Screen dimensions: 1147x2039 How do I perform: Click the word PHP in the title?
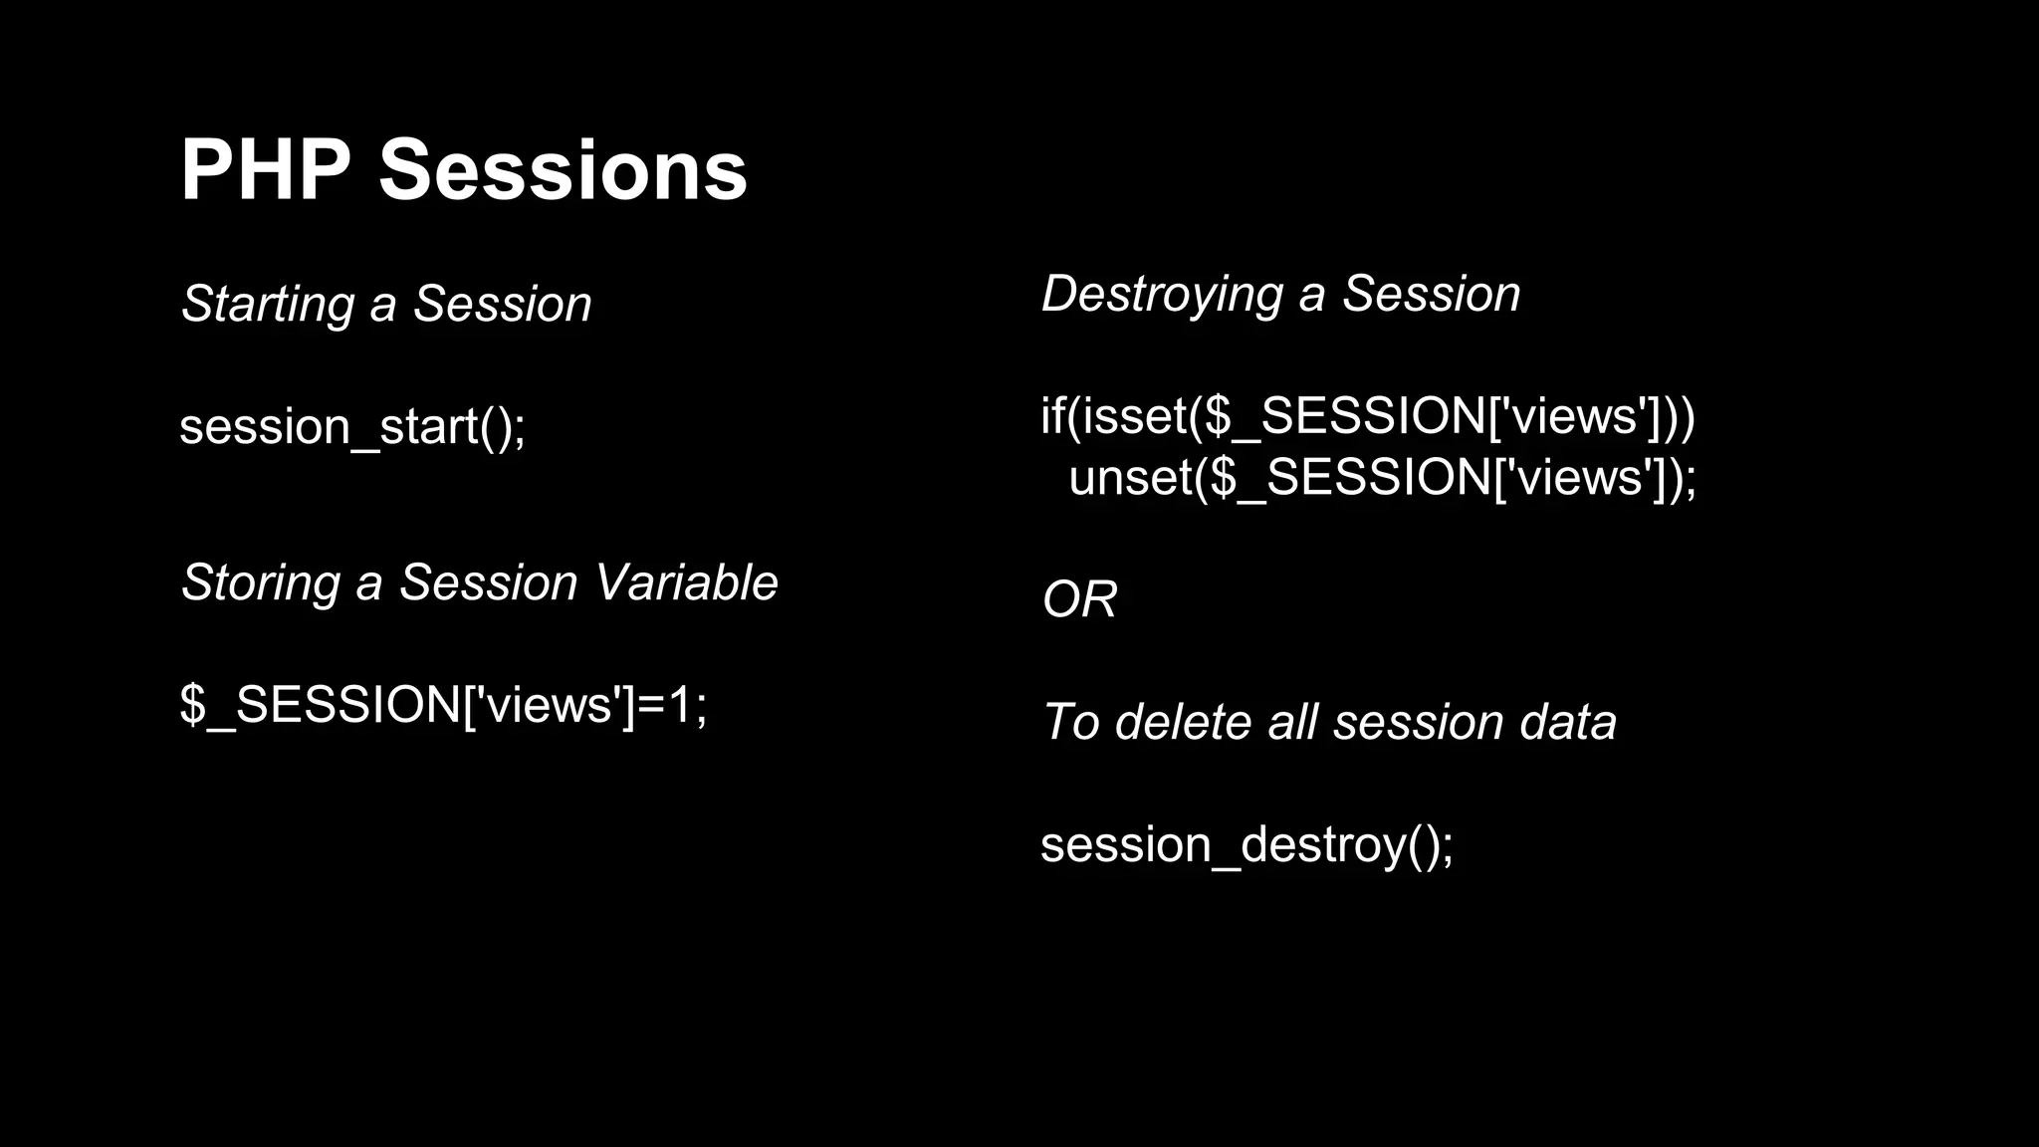point(265,170)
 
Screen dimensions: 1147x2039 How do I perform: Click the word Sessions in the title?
point(563,170)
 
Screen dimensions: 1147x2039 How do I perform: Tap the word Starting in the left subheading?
point(267,305)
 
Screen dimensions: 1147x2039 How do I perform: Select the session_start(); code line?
point(351,427)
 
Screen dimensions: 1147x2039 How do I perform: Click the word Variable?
point(688,582)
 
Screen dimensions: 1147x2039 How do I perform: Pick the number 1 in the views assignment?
point(680,705)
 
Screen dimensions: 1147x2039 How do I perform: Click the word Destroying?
point(1162,295)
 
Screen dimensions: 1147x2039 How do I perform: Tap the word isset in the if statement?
point(1134,415)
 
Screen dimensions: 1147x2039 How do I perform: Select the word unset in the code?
point(1130,477)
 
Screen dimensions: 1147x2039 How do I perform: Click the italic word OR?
point(1079,599)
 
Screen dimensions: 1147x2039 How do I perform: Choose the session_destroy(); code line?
point(1246,845)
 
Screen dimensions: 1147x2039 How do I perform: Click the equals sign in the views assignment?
point(650,705)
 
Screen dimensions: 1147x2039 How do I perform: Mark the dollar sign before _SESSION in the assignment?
point(193,705)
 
